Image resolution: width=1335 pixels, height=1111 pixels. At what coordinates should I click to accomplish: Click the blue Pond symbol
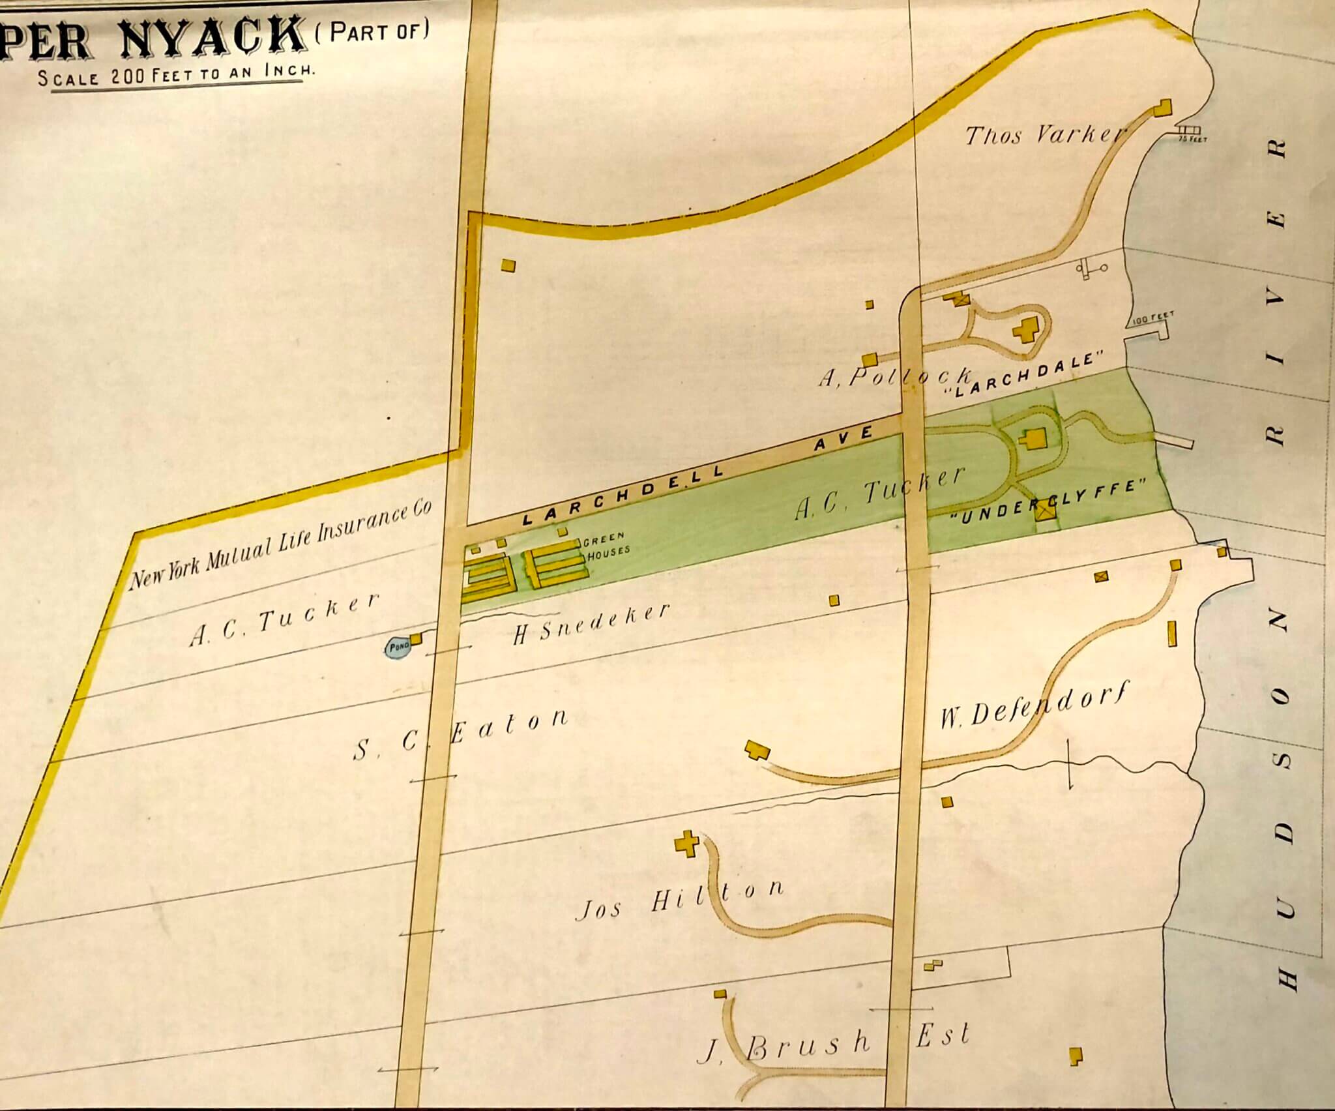398,648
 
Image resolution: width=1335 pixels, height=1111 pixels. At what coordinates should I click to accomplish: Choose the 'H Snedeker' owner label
591,624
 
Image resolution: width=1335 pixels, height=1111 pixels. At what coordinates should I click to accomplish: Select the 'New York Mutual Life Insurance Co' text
281,546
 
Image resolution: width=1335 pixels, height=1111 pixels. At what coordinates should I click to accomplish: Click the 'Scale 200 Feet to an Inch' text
176,76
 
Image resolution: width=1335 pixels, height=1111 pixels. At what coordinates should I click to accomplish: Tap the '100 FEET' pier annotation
1152,317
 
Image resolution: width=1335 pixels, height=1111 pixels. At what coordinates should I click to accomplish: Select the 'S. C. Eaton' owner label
460,733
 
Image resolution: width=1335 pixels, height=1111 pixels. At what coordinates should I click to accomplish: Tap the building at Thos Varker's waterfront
1163,108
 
